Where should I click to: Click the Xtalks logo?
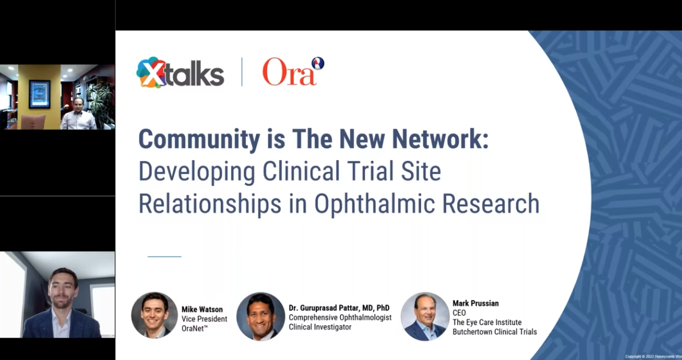tap(180, 73)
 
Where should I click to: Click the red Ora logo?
tap(292, 72)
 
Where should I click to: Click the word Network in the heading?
tap(431, 139)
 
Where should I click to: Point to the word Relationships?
tap(209, 203)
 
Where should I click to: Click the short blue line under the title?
tap(164, 256)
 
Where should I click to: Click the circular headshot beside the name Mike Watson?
tap(154, 315)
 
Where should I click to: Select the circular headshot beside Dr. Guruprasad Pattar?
tap(260, 317)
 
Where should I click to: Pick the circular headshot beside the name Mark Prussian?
tap(425, 317)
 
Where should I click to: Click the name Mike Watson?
tap(202, 310)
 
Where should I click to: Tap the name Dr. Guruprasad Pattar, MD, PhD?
tap(339, 308)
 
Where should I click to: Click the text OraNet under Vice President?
tap(197, 328)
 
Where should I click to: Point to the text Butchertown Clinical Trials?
tap(494, 332)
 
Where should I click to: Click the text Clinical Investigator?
tap(320, 327)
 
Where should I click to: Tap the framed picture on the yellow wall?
tap(39, 94)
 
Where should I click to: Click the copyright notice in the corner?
tap(653, 356)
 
